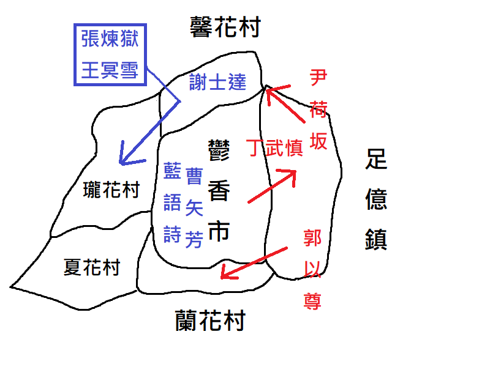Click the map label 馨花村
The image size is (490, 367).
point(226,27)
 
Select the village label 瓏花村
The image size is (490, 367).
point(111,190)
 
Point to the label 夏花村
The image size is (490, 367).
point(92,267)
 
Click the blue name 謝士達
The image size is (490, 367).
point(217,82)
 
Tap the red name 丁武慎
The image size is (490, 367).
point(275,147)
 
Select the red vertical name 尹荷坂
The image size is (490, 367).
point(318,110)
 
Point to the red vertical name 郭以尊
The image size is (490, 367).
point(312,269)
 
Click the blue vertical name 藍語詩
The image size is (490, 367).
point(172,201)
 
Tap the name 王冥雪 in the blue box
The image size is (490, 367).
point(110,70)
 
